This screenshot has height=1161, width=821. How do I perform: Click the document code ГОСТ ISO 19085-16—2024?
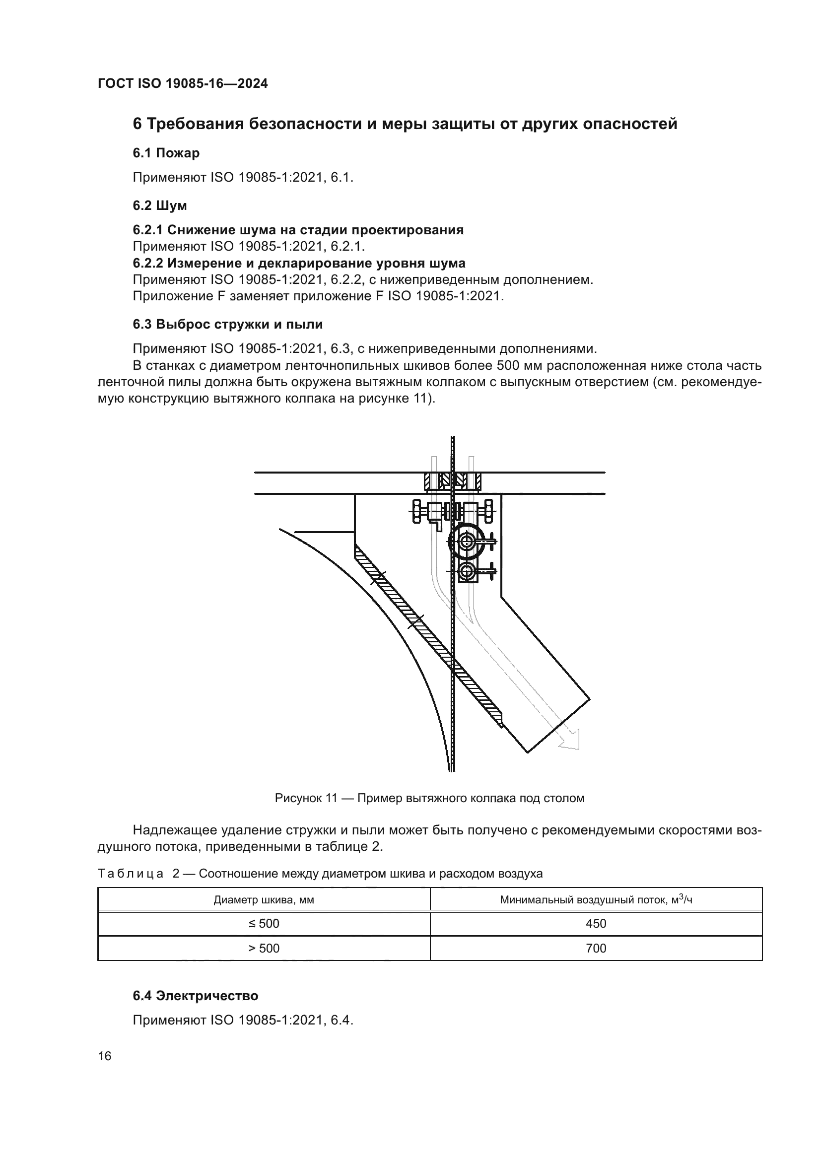click(183, 84)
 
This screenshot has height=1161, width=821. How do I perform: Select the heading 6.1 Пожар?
click(166, 153)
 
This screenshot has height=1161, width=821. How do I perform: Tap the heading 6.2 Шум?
click(160, 206)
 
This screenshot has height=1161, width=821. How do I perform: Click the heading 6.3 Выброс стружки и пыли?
click(227, 324)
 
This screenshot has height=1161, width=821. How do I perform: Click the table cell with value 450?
click(596, 923)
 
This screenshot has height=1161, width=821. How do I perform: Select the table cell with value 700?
click(596, 948)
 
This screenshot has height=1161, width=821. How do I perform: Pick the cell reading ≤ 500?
click(264, 923)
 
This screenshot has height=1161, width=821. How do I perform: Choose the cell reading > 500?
click(264, 948)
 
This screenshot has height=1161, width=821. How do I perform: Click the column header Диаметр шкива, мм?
click(264, 899)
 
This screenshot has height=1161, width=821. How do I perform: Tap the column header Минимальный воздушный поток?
click(596, 899)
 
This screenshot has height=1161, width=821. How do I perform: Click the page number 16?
click(105, 1056)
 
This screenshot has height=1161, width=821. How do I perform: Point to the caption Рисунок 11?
click(429, 798)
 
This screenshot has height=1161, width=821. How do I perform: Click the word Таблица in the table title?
click(131, 873)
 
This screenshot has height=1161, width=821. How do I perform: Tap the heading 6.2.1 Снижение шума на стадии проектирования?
click(298, 230)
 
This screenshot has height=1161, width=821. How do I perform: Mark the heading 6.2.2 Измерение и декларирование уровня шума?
click(299, 263)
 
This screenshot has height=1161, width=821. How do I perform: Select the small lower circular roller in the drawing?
click(466, 572)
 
